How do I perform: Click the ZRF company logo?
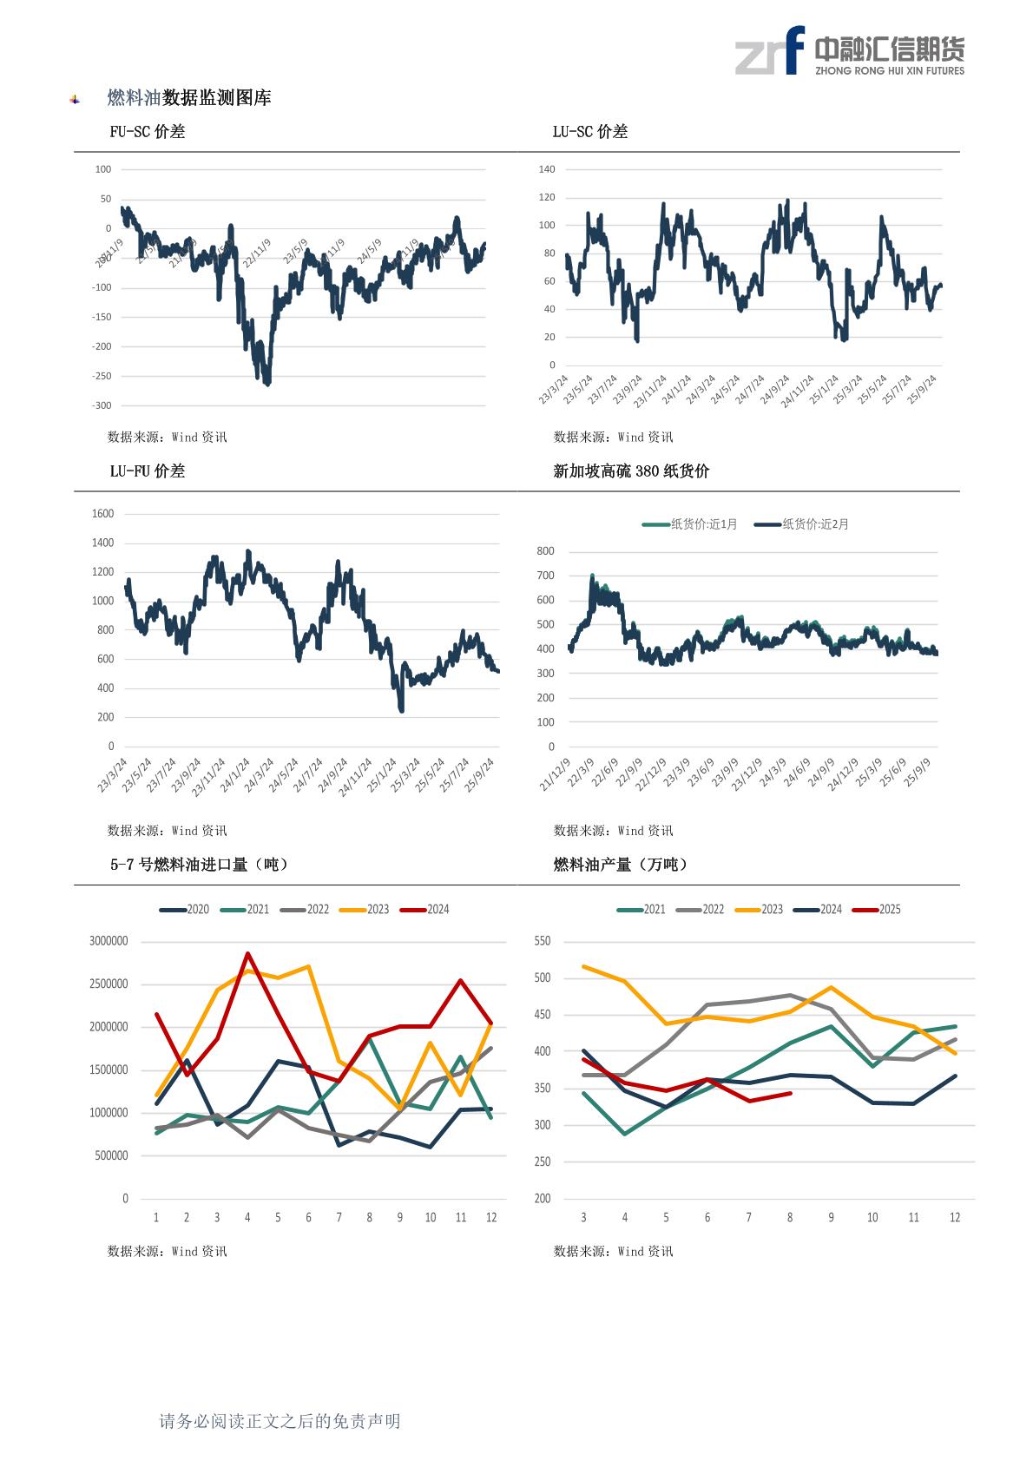click(849, 51)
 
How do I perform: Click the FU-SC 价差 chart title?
click(147, 132)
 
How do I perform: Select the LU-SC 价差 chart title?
click(589, 132)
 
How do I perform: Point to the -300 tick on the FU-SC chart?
click(102, 405)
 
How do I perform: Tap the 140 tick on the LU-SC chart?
click(546, 169)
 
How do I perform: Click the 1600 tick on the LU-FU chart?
click(102, 514)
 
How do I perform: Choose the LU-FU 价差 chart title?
click(147, 471)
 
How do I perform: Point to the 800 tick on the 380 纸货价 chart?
click(545, 551)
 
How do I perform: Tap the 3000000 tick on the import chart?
click(109, 941)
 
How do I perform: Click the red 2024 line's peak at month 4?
click(247, 954)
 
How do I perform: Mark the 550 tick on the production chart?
click(543, 941)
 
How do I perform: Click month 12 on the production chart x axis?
click(955, 1218)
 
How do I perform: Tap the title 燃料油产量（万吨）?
click(620, 865)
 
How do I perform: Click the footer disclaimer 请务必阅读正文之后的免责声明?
click(280, 1421)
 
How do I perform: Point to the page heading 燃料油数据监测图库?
click(188, 98)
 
